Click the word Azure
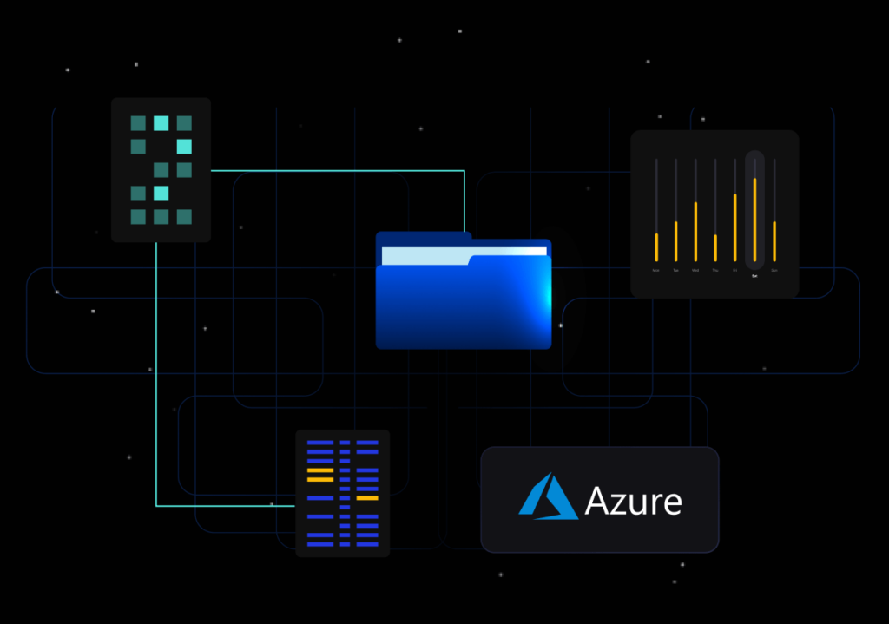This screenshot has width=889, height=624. pos(633,501)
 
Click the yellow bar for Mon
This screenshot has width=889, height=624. pos(656,246)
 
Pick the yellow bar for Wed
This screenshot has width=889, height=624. pos(695,231)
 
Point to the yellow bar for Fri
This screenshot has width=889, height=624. pos(735,227)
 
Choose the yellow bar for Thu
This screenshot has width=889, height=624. pos(715,247)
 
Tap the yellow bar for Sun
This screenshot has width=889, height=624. pos(774,240)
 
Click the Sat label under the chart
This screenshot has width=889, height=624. pos(754,276)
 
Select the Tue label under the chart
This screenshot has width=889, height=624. pos(676,271)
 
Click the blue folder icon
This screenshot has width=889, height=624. pos(464,299)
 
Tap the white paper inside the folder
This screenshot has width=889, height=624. pos(464,254)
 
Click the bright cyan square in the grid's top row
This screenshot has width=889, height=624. pos(161,123)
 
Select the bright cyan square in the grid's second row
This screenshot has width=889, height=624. pos(184,147)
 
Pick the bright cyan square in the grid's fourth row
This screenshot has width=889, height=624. pos(161,193)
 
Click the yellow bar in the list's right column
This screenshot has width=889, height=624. pos(367,498)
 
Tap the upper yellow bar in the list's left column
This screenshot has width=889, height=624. pos(320,470)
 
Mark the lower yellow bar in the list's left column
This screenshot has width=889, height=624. pos(320,479)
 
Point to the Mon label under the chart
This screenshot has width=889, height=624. pos(656,271)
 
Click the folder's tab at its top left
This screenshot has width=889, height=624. pos(424,237)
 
